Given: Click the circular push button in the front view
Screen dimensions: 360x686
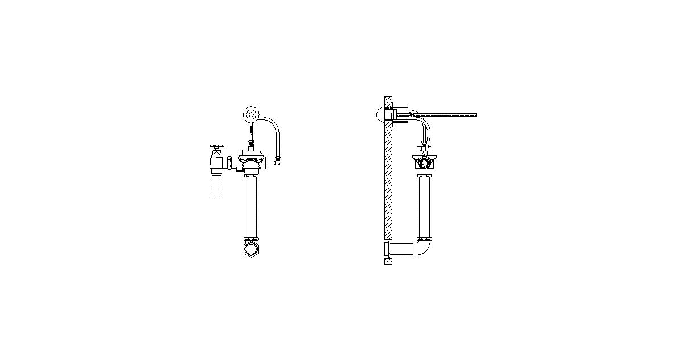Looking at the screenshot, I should (250, 115).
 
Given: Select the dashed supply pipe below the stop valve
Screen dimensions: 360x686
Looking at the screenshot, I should (216, 186).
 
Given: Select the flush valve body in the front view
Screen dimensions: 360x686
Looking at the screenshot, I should (251, 162).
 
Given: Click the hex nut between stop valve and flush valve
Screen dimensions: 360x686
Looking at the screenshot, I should (229, 163).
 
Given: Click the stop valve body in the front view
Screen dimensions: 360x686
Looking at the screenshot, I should (216, 164).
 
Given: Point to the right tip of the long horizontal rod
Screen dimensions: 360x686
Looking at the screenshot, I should (475, 115).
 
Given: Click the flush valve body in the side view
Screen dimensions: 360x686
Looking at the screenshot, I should (424, 162).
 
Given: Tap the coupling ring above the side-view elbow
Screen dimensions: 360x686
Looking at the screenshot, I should (424, 238).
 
